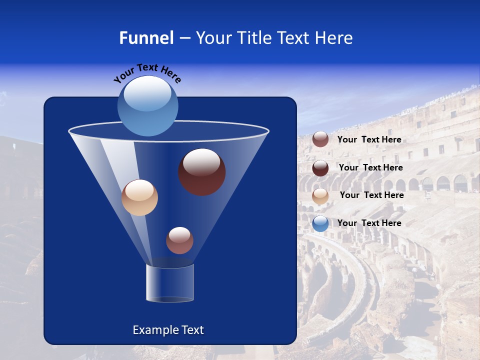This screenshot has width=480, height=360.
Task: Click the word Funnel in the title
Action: [146, 38]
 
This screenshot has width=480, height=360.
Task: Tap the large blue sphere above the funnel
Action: [147, 106]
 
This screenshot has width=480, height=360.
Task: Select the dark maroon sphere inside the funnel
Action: [201, 171]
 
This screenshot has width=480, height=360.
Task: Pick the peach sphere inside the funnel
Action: [139, 197]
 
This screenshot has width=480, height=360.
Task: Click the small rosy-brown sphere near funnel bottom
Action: [179, 240]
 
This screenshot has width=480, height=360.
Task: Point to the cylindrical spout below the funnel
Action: [170, 283]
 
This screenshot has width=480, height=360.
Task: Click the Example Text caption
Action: [168, 330]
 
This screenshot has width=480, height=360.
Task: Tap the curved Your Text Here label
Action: [147, 72]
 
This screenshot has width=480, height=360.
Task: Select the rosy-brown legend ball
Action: [320, 139]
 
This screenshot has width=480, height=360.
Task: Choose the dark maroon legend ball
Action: [320, 167]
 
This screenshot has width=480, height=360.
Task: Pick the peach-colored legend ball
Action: [320, 195]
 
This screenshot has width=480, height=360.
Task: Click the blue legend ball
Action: [320, 223]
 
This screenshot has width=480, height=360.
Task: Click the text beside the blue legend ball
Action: [369, 223]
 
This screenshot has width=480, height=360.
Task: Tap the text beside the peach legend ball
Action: [371, 195]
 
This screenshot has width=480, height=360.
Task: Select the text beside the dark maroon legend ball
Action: [370, 167]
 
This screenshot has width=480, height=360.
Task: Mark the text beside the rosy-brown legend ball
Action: [369, 139]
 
